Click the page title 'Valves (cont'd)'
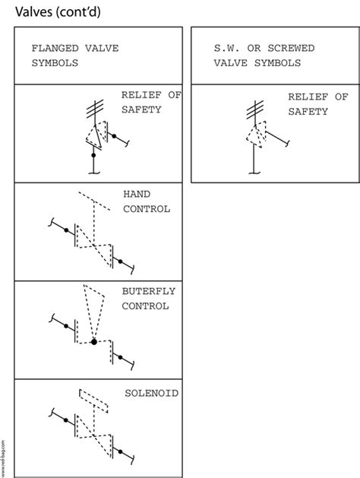pos(58,12)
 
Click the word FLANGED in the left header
pos(55,48)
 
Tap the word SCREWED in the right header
pos(291,48)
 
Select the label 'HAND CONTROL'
pos(147,201)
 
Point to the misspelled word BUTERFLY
pos(149,291)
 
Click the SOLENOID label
pos(152,393)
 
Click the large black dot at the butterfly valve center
pos(94,342)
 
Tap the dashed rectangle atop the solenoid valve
pos(93,401)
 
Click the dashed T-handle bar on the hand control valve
pos(94,201)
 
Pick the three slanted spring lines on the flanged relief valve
pos(95,109)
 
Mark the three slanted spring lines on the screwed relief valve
pos(255,109)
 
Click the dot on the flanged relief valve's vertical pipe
pos(93,155)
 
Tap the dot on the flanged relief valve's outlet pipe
pos(114,136)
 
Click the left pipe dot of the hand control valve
pos(66,230)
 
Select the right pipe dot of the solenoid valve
pos(120,451)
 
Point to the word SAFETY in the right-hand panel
pos(308,112)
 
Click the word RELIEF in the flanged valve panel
pos(141,95)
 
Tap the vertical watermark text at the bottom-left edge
pos(3,458)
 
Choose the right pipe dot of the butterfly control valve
pos(120,357)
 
